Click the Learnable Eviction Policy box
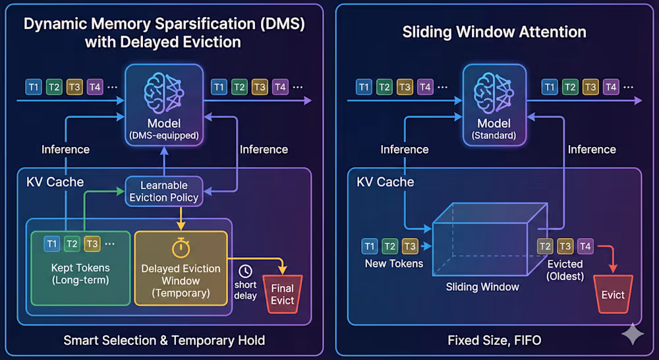[163, 191]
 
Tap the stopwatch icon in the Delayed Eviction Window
[181, 248]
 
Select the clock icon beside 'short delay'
[245, 271]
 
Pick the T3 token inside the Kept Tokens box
[92, 244]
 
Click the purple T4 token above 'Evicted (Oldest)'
[585, 246]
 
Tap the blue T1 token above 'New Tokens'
[370, 247]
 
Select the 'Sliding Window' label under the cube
[482, 287]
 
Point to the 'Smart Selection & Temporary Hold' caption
[164, 341]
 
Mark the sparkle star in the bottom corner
[633, 334]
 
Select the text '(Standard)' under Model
[494, 136]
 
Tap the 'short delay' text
[245, 291]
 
